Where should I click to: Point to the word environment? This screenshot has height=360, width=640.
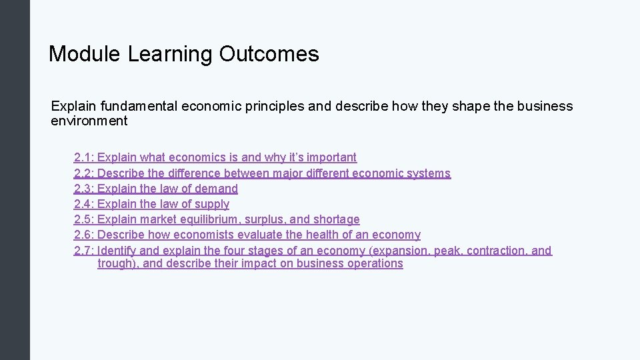(x=89, y=121)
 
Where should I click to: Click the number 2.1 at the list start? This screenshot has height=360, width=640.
(x=83, y=157)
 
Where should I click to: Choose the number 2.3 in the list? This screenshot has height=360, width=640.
(x=83, y=189)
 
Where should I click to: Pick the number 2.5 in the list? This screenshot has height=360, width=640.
(x=83, y=219)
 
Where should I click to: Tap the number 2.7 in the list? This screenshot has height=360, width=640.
(x=83, y=251)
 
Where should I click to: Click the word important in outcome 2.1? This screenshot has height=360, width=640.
(x=331, y=157)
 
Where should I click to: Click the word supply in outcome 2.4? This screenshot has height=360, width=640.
(x=211, y=204)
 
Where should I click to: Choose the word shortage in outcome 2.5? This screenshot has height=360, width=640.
(x=336, y=219)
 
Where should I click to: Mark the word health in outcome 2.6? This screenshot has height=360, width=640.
(x=322, y=235)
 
